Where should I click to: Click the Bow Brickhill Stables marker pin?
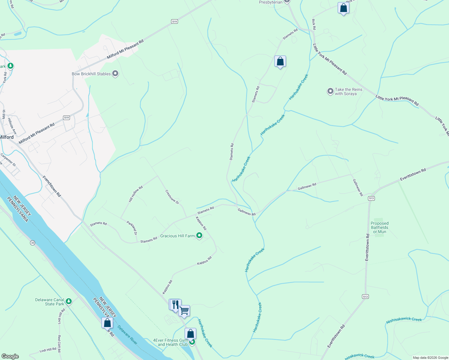tap(115, 74)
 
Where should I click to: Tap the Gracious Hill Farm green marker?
tap(199, 236)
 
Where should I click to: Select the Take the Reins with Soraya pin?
tap(330, 91)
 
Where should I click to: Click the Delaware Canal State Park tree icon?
tap(69, 301)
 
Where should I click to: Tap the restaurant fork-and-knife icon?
tap(175, 304)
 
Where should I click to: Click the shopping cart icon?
tap(184, 311)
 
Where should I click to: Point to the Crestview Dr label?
tap(172, 197)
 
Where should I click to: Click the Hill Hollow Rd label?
tap(136, 194)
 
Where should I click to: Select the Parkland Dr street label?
tap(132, 228)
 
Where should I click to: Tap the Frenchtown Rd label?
tap(52, 186)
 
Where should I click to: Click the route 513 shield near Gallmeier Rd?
tap(371, 198)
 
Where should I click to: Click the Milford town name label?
tap(7, 137)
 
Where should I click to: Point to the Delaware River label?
tap(127, 335)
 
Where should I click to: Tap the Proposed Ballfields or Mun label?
tap(379, 227)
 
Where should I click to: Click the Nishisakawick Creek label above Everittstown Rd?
tap(404, 320)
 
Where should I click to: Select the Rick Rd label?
tap(314, 25)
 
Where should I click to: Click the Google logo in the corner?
tap(10, 356)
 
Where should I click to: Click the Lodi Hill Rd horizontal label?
tap(48, 350)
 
